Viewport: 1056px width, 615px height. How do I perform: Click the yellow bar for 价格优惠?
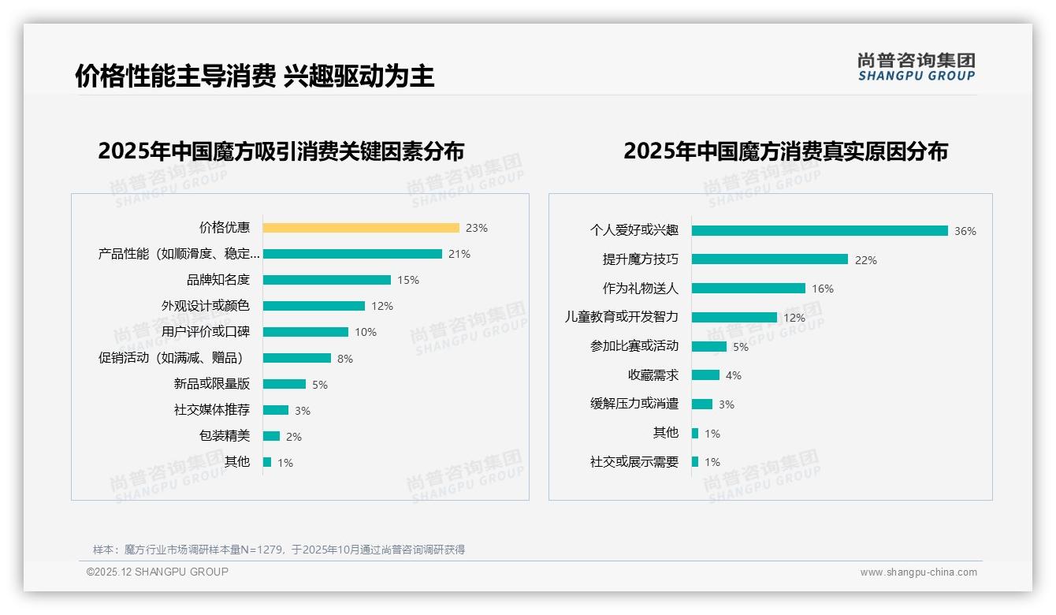361,228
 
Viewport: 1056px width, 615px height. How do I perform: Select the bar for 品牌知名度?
327,280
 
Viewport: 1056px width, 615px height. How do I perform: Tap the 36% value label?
965,231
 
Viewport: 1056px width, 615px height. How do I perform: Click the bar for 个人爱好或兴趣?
820,231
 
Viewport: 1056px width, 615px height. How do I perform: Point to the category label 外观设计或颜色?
206,306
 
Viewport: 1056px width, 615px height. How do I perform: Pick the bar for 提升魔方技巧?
770,259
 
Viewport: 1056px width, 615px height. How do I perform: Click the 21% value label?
459,254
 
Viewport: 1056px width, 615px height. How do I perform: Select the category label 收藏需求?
653,375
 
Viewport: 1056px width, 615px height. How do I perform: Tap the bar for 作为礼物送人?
749,289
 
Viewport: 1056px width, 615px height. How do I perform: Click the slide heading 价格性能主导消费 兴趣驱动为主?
255,76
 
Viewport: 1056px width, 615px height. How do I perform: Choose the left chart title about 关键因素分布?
281,151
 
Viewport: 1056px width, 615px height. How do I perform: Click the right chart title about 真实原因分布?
785,151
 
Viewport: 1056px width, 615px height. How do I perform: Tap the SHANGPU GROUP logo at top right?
916,67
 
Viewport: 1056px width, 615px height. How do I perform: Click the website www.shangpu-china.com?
918,572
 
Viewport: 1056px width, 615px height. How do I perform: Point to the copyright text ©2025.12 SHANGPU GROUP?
158,572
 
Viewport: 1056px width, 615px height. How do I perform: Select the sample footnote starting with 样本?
279,550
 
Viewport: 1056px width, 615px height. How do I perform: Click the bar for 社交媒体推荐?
276,410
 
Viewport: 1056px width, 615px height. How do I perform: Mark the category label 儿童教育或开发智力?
621,317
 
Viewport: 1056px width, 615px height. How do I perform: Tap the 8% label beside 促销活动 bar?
344,359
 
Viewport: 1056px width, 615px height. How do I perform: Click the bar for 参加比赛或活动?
709,346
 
